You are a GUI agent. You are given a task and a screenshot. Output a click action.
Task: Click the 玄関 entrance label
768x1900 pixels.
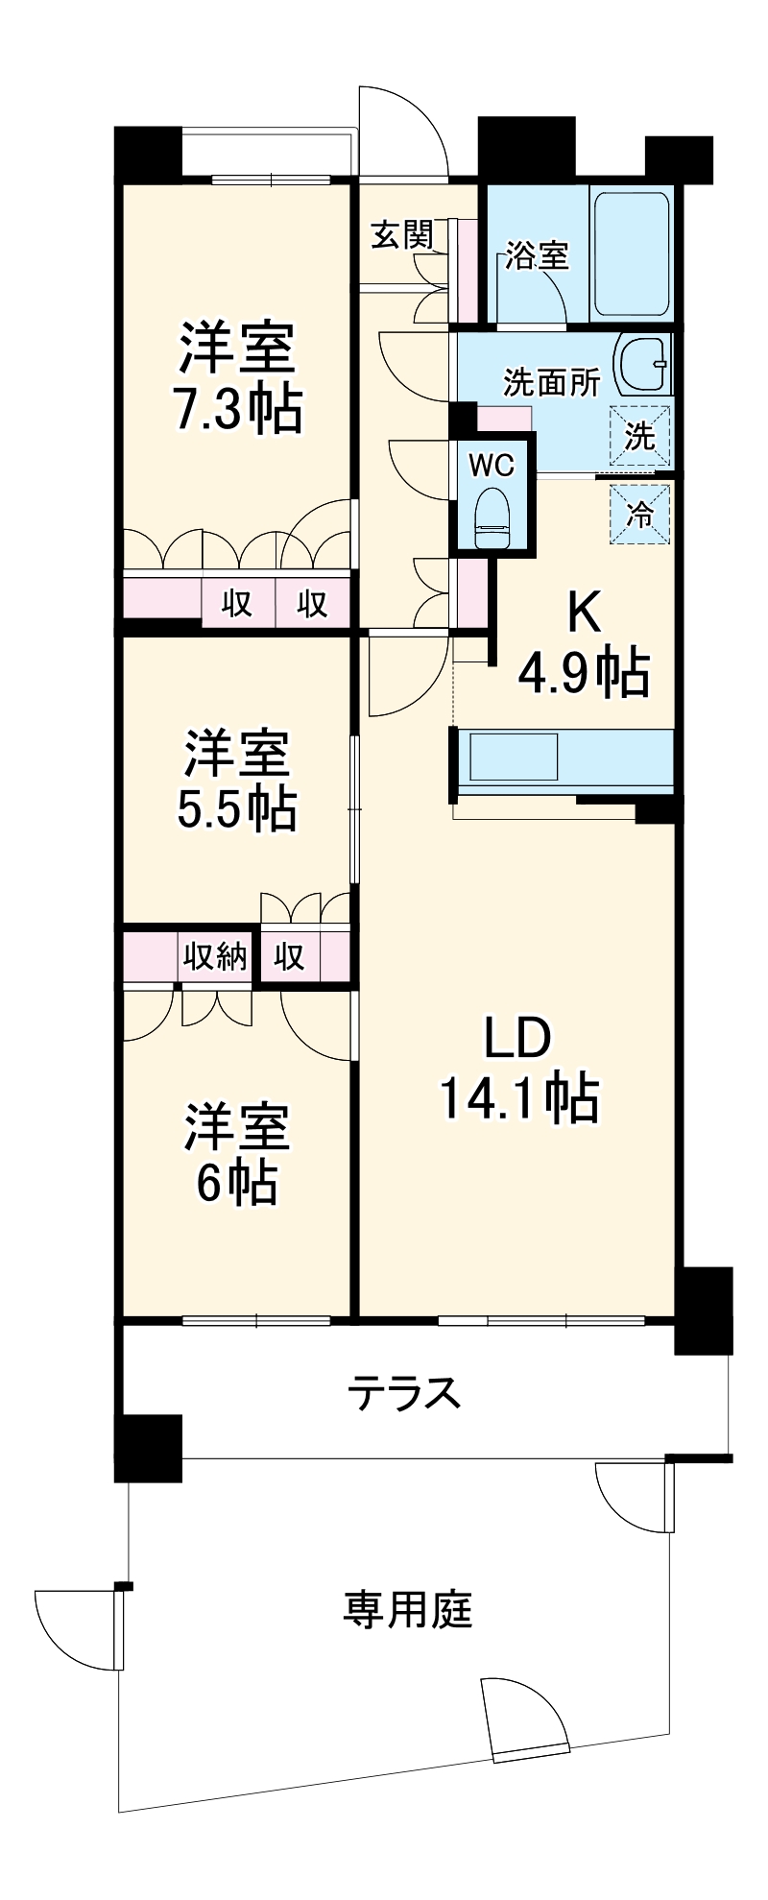pos(401,235)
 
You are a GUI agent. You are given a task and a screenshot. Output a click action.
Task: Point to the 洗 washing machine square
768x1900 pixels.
pos(640,437)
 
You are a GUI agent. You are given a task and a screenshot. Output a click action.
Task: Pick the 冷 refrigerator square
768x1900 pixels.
pos(640,513)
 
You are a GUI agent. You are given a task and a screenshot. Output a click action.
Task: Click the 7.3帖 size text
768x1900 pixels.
pos(236,409)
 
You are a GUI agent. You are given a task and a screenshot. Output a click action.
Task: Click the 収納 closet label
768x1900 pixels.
pos(216,956)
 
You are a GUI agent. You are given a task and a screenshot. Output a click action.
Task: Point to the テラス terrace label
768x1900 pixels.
pos(404,1393)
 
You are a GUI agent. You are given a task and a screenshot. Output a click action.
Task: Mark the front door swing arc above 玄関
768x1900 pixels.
pos(403,131)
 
